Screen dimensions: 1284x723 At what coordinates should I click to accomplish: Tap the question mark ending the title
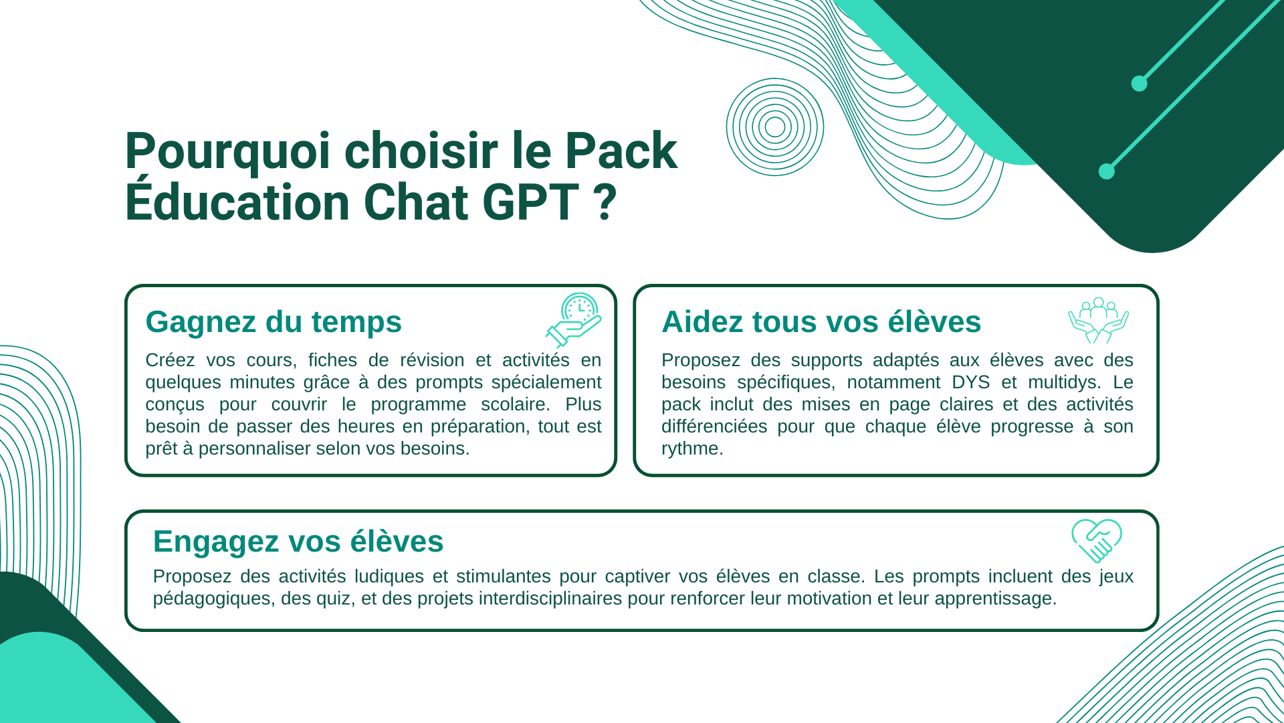[605, 202]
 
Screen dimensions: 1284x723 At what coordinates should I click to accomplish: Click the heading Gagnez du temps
[274, 321]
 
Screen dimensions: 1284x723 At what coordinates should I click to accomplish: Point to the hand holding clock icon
[574, 319]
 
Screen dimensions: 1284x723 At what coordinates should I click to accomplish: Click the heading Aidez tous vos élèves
[821, 321]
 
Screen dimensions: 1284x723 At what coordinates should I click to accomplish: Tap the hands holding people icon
[1098, 320]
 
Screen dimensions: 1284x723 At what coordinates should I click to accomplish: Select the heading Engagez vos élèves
[298, 541]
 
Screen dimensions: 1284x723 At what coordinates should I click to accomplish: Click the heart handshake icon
[1097, 540]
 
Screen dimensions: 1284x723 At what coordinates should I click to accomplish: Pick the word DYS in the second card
[971, 382]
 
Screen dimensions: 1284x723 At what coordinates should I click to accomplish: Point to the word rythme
[692, 449]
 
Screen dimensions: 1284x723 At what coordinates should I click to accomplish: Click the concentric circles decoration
[775, 127]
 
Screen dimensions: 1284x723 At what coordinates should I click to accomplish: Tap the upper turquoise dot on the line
[1139, 84]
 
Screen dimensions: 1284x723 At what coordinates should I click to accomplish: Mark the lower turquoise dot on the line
[1107, 171]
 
